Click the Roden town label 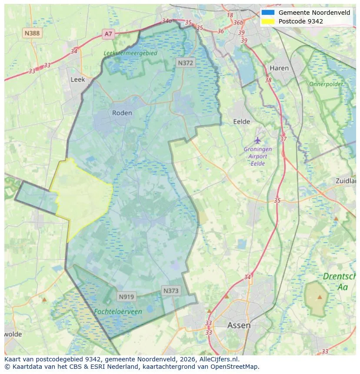click(122, 113)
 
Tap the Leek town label click(78, 79)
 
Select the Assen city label click(239, 325)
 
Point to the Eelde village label click(242, 122)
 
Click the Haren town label click(279, 68)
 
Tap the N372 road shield click(186, 63)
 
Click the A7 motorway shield click(108, 34)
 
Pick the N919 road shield click(127, 297)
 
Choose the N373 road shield click(171, 291)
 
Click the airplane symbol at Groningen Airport click(258, 140)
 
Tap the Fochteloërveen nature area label click(118, 311)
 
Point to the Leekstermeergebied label click(130, 53)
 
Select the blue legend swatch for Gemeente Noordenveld click(268, 13)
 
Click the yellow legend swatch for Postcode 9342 click(268, 21)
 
